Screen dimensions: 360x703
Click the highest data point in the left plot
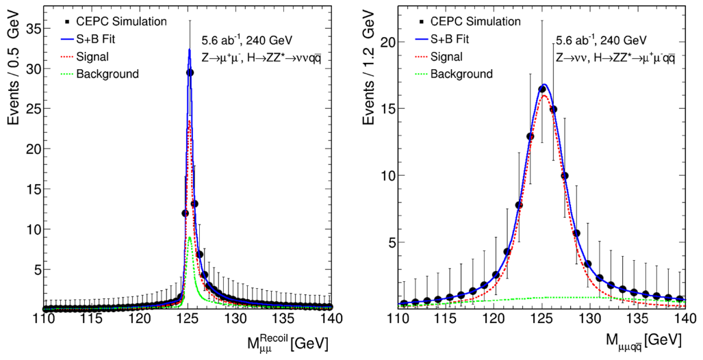click(190, 73)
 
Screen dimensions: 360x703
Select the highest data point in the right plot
click(541, 89)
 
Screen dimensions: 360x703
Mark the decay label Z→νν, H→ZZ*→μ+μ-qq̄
click(615, 58)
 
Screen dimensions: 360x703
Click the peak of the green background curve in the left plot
click(189, 237)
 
